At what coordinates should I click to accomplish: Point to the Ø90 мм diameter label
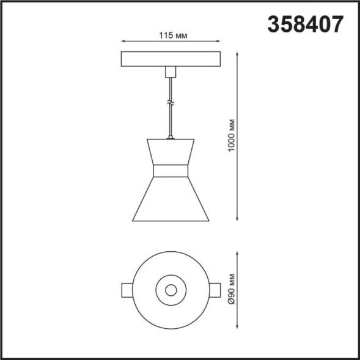coord(232,289)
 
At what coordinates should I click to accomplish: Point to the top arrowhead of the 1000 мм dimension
coord(237,54)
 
